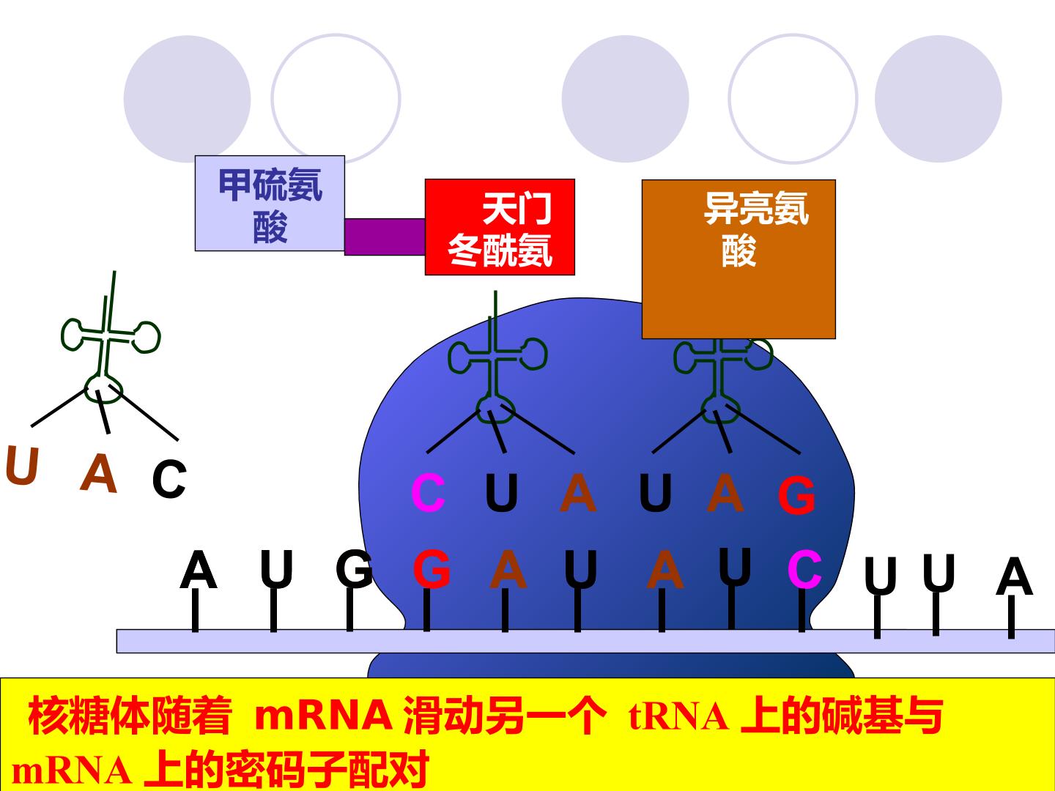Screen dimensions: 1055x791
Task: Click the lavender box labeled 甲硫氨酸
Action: [270, 203]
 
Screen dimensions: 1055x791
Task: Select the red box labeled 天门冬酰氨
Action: [500, 227]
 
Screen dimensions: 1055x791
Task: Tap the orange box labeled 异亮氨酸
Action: [738, 259]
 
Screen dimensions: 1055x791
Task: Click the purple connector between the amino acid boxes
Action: [385, 237]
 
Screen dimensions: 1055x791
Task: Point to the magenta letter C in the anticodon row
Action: [429, 493]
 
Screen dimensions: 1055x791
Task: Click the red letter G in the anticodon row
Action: [796, 494]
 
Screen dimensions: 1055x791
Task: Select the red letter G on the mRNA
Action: [432, 569]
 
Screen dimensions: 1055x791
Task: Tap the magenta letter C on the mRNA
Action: [804, 569]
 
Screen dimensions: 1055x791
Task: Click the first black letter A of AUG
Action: [198, 570]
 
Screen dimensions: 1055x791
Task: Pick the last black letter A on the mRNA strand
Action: [1014, 576]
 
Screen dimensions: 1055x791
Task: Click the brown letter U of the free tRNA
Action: [22, 465]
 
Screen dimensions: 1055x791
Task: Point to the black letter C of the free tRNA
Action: [169, 478]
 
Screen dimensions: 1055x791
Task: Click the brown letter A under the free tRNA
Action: [98, 474]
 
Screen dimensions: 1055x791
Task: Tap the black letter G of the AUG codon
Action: [354, 569]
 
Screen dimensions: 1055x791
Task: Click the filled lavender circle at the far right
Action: [939, 99]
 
